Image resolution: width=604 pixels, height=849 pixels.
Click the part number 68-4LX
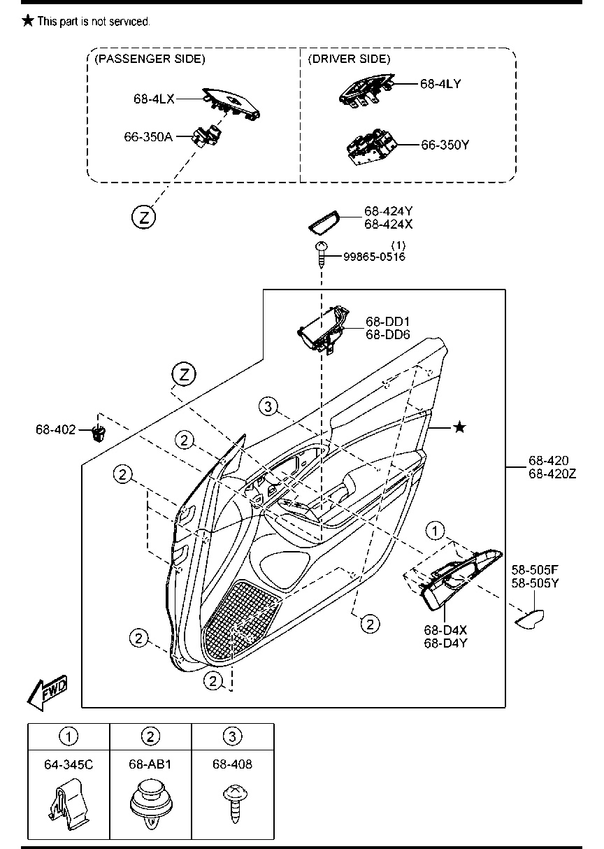pos(154,99)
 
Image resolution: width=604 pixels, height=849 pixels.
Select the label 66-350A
pos(148,136)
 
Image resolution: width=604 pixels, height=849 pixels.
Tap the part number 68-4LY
pos(440,84)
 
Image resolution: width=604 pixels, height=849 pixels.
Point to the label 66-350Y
pos(445,145)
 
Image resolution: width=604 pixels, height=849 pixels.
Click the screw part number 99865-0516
pos(375,257)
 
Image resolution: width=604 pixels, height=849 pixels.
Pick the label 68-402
pos(56,429)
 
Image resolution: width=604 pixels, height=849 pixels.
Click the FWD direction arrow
pos(48,692)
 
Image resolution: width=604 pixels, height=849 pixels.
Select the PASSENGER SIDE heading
pos(150,59)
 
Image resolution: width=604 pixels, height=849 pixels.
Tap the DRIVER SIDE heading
pos(349,59)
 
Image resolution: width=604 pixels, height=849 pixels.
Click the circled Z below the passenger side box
pos(143,217)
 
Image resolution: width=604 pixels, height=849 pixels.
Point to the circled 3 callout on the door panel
pos(268,407)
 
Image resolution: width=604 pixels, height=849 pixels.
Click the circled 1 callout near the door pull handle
pos(435,531)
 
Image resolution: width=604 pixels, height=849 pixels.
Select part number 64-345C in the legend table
pos(69,765)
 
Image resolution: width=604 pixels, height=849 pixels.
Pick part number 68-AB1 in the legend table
pos(150,764)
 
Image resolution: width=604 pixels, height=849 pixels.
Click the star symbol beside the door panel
pos(459,427)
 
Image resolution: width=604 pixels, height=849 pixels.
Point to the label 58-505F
pos(535,570)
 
